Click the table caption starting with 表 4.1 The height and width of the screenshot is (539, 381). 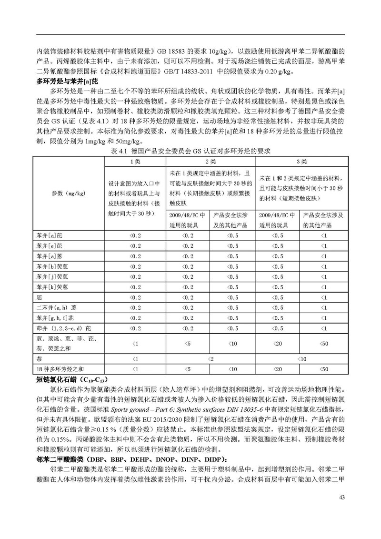pos(190,151)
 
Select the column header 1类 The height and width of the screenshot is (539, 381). pos(135,161)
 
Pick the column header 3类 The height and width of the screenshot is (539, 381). pos(301,161)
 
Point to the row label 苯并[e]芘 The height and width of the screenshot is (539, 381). pos(49,246)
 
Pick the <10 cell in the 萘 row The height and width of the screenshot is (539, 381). pos(301,358)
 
